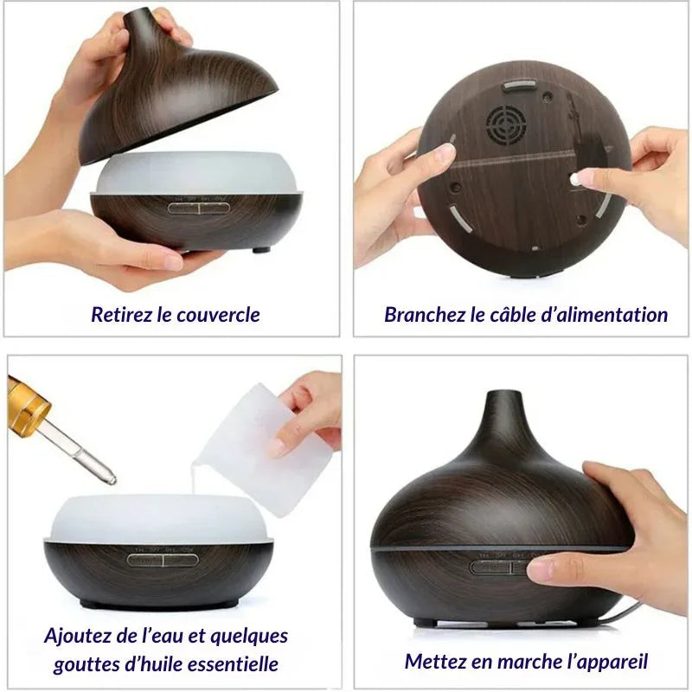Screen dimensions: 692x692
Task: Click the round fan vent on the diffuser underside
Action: pyautogui.click(x=506, y=125)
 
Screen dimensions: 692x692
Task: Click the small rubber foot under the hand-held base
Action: pyautogui.click(x=261, y=250)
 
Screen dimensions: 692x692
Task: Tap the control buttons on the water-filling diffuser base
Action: pyautogui.click(x=163, y=560)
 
